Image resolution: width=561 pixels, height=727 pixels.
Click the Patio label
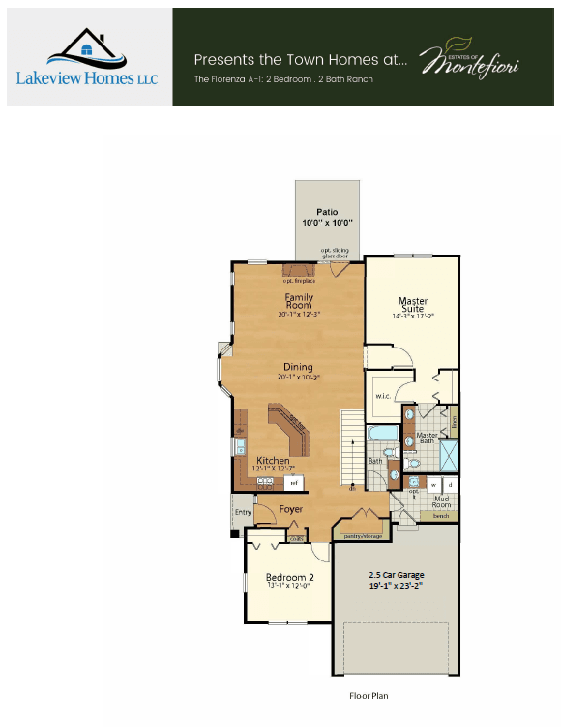point(327,211)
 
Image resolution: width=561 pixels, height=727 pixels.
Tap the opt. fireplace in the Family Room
point(300,273)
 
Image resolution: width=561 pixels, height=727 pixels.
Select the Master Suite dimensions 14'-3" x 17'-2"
point(413,316)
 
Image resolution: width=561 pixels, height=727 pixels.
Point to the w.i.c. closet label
point(381,395)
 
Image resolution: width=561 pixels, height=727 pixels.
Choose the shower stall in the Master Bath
point(450,455)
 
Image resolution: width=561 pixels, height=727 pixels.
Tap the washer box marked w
point(433,483)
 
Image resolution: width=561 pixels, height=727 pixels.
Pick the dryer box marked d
point(450,483)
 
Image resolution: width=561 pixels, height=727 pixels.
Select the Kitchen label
point(273,461)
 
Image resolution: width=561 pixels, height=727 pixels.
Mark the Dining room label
point(298,367)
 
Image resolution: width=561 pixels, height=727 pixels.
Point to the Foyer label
point(291,509)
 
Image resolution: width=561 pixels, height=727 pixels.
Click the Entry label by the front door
point(242,511)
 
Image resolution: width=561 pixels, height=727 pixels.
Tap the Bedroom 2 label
point(289,578)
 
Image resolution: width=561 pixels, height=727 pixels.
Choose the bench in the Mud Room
point(440,516)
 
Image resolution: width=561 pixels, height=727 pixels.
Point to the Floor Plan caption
point(369,695)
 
